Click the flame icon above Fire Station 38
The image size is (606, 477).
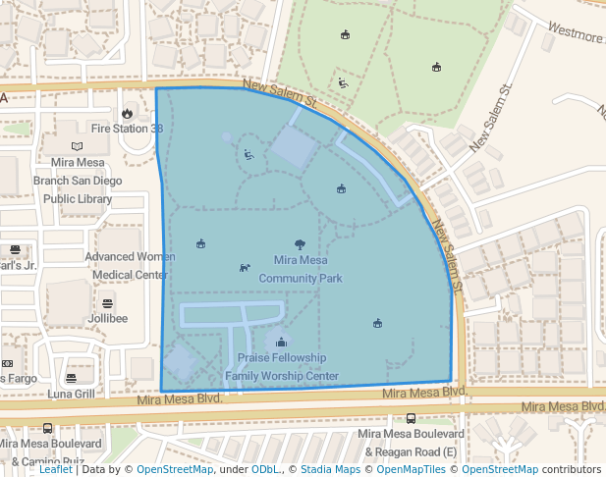[127, 113]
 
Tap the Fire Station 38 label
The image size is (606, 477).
[126, 129]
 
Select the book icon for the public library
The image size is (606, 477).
[77, 146]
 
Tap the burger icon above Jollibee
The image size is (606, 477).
[107, 302]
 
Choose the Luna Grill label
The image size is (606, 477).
[71, 395]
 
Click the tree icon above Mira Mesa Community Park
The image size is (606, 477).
[300, 244]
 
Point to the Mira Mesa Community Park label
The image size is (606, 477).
[301, 270]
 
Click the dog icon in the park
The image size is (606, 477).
[245, 267]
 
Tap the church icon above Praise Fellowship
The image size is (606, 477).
[282, 342]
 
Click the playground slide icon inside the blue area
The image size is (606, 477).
[248, 153]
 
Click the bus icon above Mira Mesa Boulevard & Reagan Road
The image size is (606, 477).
[411, 418]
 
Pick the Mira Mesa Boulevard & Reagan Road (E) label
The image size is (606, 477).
[411, 443]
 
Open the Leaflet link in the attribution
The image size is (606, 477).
[56, 470]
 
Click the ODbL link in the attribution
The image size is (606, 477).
[265, 470]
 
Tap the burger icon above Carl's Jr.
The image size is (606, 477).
[16, 249]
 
